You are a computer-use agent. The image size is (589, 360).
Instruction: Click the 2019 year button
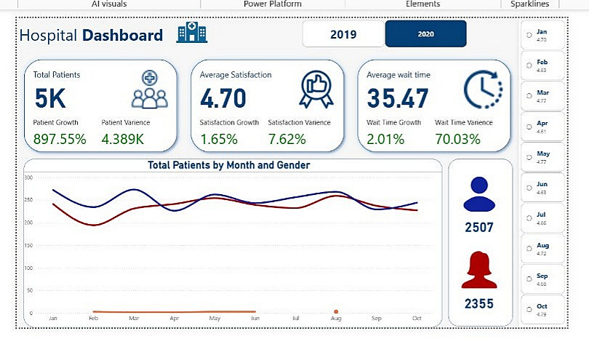pyautogui.click(x=342, y=34)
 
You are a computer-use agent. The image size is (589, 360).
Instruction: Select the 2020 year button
pyautogui.click(x=425, y=34)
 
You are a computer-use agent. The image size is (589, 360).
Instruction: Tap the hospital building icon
pyautogui.click(x=191, y=33)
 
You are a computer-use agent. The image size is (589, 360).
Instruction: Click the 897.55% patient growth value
pyautogui.click(x=60, y=139)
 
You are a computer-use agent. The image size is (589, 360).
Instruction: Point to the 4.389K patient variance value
pyautogui.click(x=129, y=139)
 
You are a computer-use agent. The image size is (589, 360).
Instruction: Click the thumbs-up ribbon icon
pyautogui.click(x=316, y=89)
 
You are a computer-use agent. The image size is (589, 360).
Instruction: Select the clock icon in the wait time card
pyautogui.click(x=481, y=89)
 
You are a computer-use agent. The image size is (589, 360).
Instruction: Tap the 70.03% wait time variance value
pyautogui.click(x=457, y=139)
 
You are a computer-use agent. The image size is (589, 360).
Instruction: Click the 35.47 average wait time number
pyautogui.click(x=397, y=99)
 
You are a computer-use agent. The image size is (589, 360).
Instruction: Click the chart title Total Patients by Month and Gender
pyautogui.click(x=229, y=165)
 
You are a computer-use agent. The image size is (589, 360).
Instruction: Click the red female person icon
pyautogui.click(x=479, y=270)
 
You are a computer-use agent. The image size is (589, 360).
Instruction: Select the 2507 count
pyautogui.click(x=479, y=228)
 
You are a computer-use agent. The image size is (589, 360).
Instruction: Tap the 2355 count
pyautogui.click(x=479, y=303)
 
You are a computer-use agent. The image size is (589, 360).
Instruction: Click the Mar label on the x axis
pyautogui.click(x=134, y=319)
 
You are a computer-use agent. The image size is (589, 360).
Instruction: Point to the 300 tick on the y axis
pyautogui.click(x=29, y=177)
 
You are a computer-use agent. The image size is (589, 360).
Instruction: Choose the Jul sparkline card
pyautogui.click(x=542, y=218)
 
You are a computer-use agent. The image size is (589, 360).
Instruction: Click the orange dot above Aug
pyautogui.click(x=336, y=311)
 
